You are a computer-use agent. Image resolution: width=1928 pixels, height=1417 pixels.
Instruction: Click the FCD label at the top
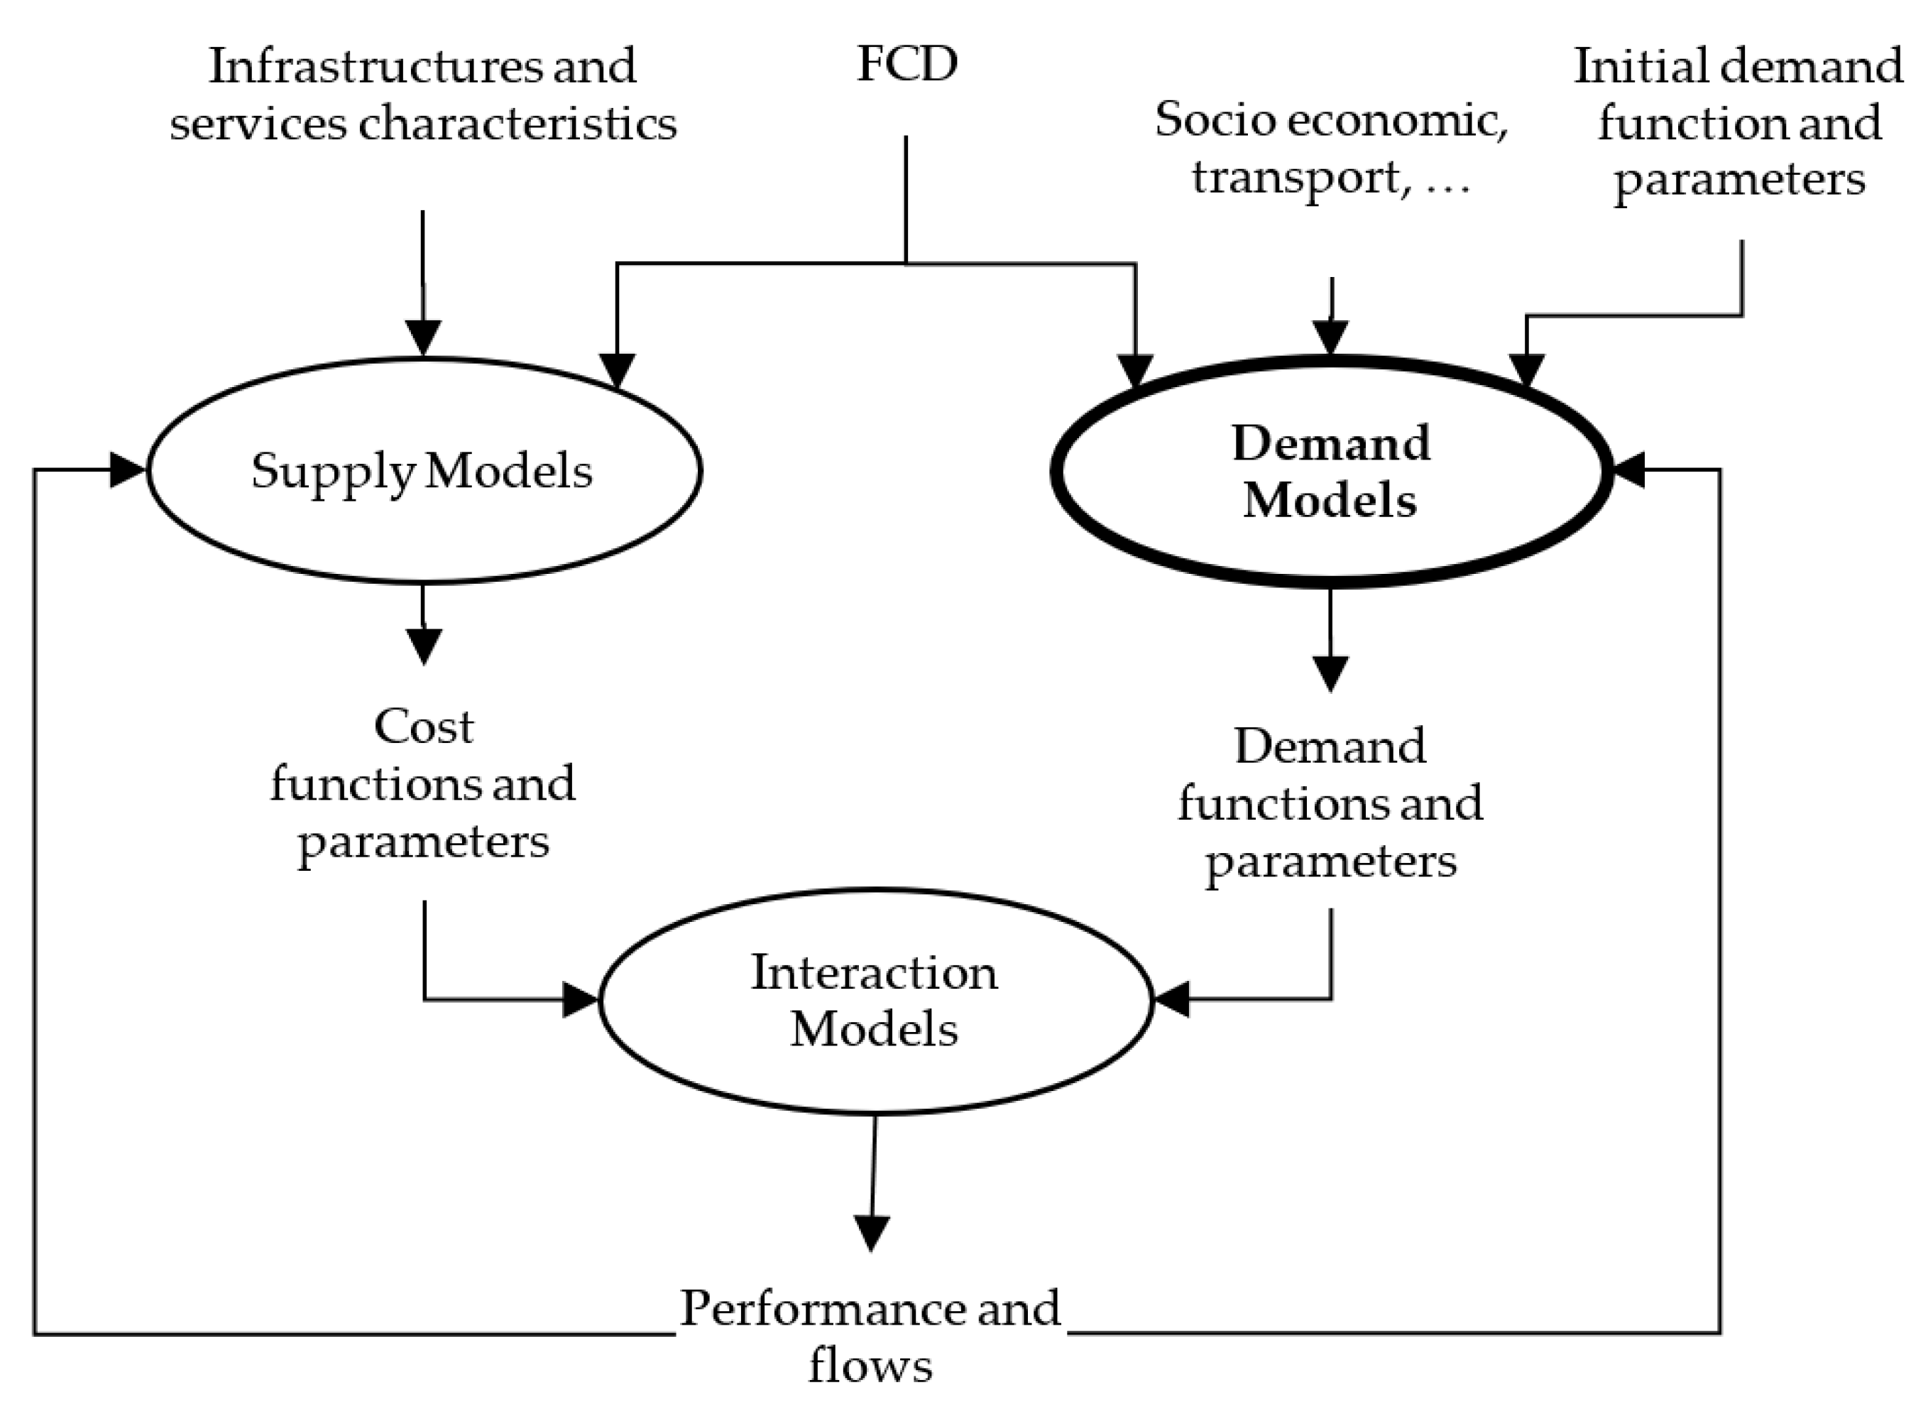click(906, 65)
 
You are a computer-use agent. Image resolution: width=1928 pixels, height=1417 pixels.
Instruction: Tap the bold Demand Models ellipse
click(1330, 472)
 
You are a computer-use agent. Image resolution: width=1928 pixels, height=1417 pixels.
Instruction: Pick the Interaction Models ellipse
click(874, 1001)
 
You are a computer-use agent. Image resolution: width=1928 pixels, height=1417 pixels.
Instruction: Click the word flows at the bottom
click(870, 1366)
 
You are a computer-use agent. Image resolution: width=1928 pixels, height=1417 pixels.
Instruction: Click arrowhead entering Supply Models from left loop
click(128, 470)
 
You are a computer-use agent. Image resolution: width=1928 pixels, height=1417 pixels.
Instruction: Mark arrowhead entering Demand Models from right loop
click(1628, 470)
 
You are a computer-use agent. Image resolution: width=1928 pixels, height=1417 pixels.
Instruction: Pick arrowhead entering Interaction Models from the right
click(1172, 1000)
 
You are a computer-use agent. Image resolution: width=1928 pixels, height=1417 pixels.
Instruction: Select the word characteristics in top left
click(517, 124)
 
